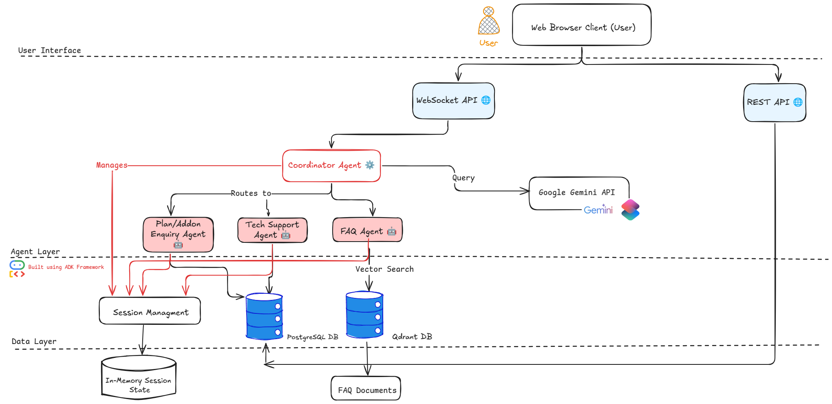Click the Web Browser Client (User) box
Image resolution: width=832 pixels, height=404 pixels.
(x=582, y=25)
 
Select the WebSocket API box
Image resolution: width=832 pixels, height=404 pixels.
(x=453, y=101)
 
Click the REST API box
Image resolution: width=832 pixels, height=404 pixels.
(x=775, y=103)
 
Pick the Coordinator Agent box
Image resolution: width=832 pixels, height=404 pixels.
(x=331, y=166)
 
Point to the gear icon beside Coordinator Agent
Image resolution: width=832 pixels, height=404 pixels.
(x=370, y=165)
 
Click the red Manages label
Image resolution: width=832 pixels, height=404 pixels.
(x=112, y=165)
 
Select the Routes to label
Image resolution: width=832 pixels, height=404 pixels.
(x=251, y=193)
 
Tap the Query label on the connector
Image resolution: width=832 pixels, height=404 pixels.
(x=463, y=178)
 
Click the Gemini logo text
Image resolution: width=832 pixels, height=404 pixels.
(x=598, y=210)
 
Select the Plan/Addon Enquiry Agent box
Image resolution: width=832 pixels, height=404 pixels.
(x=178, y=235)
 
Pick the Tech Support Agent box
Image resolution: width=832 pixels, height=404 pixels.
(x=272, y=230)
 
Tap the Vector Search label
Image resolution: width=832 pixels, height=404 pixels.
(x=384, y=269)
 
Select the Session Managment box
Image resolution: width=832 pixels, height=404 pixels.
(x=150, y=311)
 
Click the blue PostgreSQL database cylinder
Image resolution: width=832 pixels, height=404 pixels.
(x=264, y=317)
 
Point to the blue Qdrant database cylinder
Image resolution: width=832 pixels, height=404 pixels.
(x=364, y=315)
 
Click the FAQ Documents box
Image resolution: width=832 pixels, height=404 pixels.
(x=366, y=388)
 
